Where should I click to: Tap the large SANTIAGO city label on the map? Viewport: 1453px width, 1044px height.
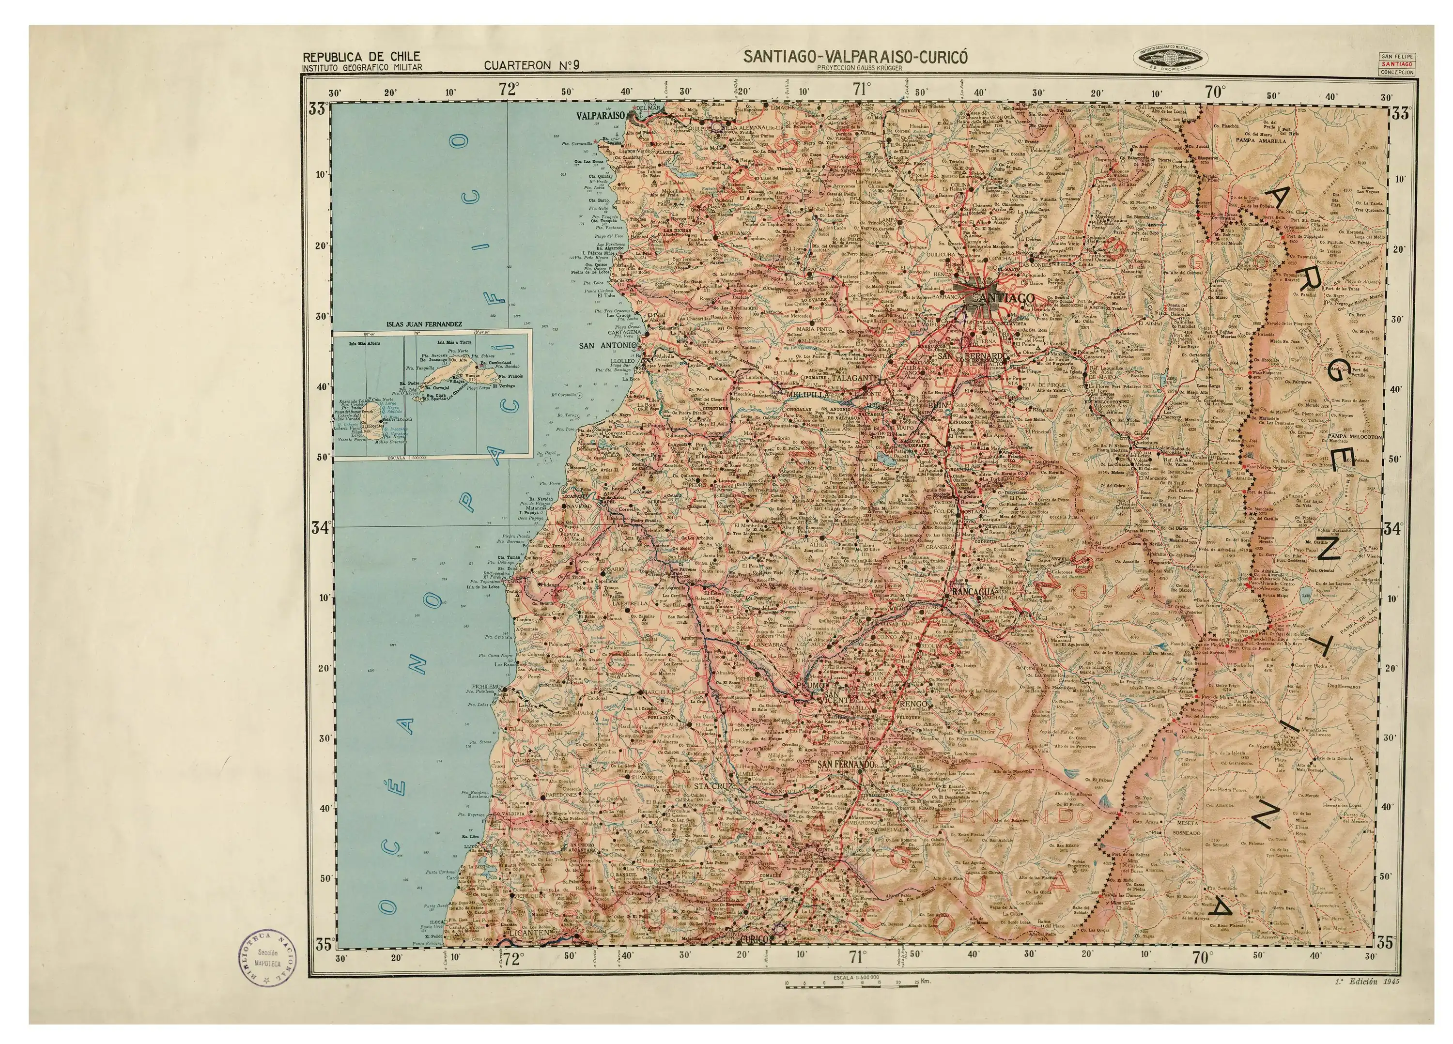1003,298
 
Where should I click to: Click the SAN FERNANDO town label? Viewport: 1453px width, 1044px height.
845,764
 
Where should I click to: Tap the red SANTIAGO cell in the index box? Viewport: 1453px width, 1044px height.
1397,64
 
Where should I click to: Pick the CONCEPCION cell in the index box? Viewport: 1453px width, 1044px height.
1397,72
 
